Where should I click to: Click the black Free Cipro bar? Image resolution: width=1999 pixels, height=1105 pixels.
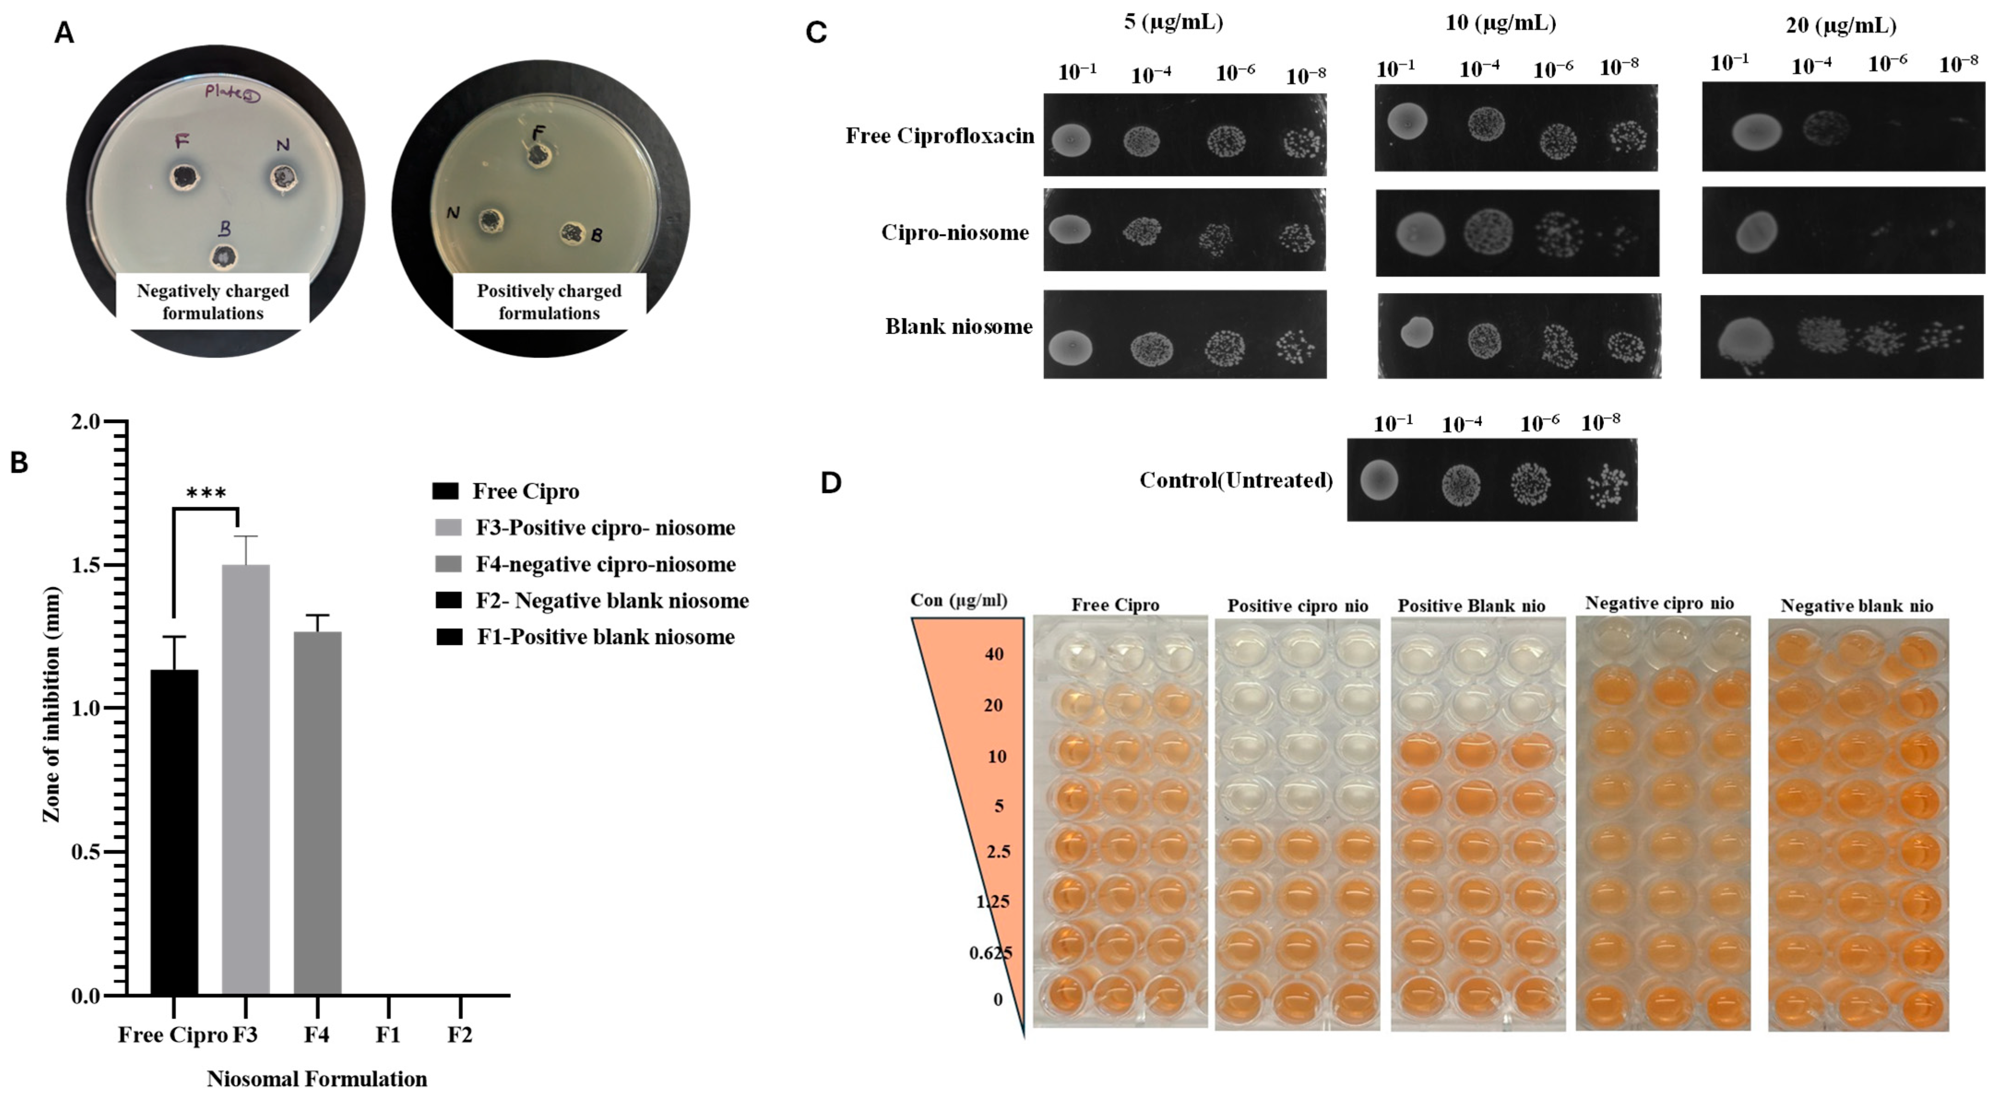pos(174,830)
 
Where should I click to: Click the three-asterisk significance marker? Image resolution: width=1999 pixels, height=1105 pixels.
pos(207,494)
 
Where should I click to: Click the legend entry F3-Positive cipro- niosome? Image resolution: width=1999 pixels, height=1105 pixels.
pos(605,528)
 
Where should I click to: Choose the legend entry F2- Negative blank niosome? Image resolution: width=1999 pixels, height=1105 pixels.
pos(611,601)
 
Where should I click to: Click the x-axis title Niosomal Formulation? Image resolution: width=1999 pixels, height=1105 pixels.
pos(317,1079)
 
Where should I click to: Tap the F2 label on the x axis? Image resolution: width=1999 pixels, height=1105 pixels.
pos(459,1034)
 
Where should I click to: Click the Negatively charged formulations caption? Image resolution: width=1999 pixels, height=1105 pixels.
pos(213,302)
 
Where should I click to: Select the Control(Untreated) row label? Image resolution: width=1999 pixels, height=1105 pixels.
pos(1235,480)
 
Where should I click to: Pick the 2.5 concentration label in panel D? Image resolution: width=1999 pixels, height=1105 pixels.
pos(998,851)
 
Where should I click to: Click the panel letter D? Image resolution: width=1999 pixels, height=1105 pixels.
pos(830,483)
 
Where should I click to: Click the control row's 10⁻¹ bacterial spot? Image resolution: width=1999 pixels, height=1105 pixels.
pos(1379,479)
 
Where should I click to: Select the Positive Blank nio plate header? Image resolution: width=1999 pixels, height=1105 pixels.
pos(1471,605)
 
